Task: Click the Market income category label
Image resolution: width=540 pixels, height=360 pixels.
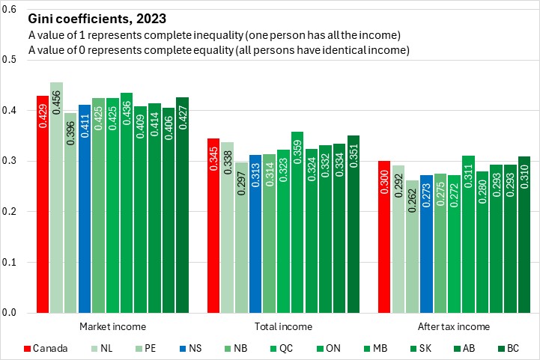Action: [x=112, y=327]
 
